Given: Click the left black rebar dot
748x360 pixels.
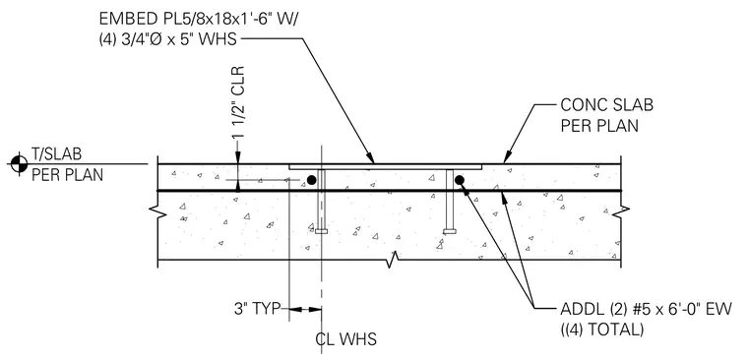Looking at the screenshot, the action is [312, 180].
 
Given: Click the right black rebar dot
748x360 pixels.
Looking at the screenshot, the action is [460, 180].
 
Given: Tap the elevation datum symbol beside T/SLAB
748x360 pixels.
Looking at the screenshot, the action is [19, 164].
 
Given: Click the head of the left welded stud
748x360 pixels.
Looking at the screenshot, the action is [322, 232].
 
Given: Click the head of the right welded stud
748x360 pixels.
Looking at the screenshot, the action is [450, 232].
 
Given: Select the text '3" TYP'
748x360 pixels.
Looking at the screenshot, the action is [257, 309].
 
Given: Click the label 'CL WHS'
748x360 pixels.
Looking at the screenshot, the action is [345, 339].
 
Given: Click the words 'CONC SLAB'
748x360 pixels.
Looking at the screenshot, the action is [606, 105].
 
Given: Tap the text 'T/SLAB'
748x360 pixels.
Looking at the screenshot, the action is [57, 154].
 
